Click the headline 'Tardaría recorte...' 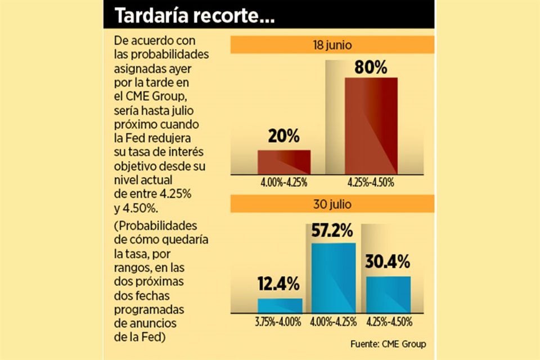195,17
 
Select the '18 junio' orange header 332,44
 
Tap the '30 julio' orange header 332,203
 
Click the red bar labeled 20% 284,161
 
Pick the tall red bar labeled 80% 371,125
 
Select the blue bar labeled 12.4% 280,305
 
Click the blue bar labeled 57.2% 334,277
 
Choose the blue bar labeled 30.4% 388,294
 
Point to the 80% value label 371,68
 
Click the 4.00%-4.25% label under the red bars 284,183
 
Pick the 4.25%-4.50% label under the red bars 371,183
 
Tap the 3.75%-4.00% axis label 280,322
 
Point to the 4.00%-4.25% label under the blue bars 334,322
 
